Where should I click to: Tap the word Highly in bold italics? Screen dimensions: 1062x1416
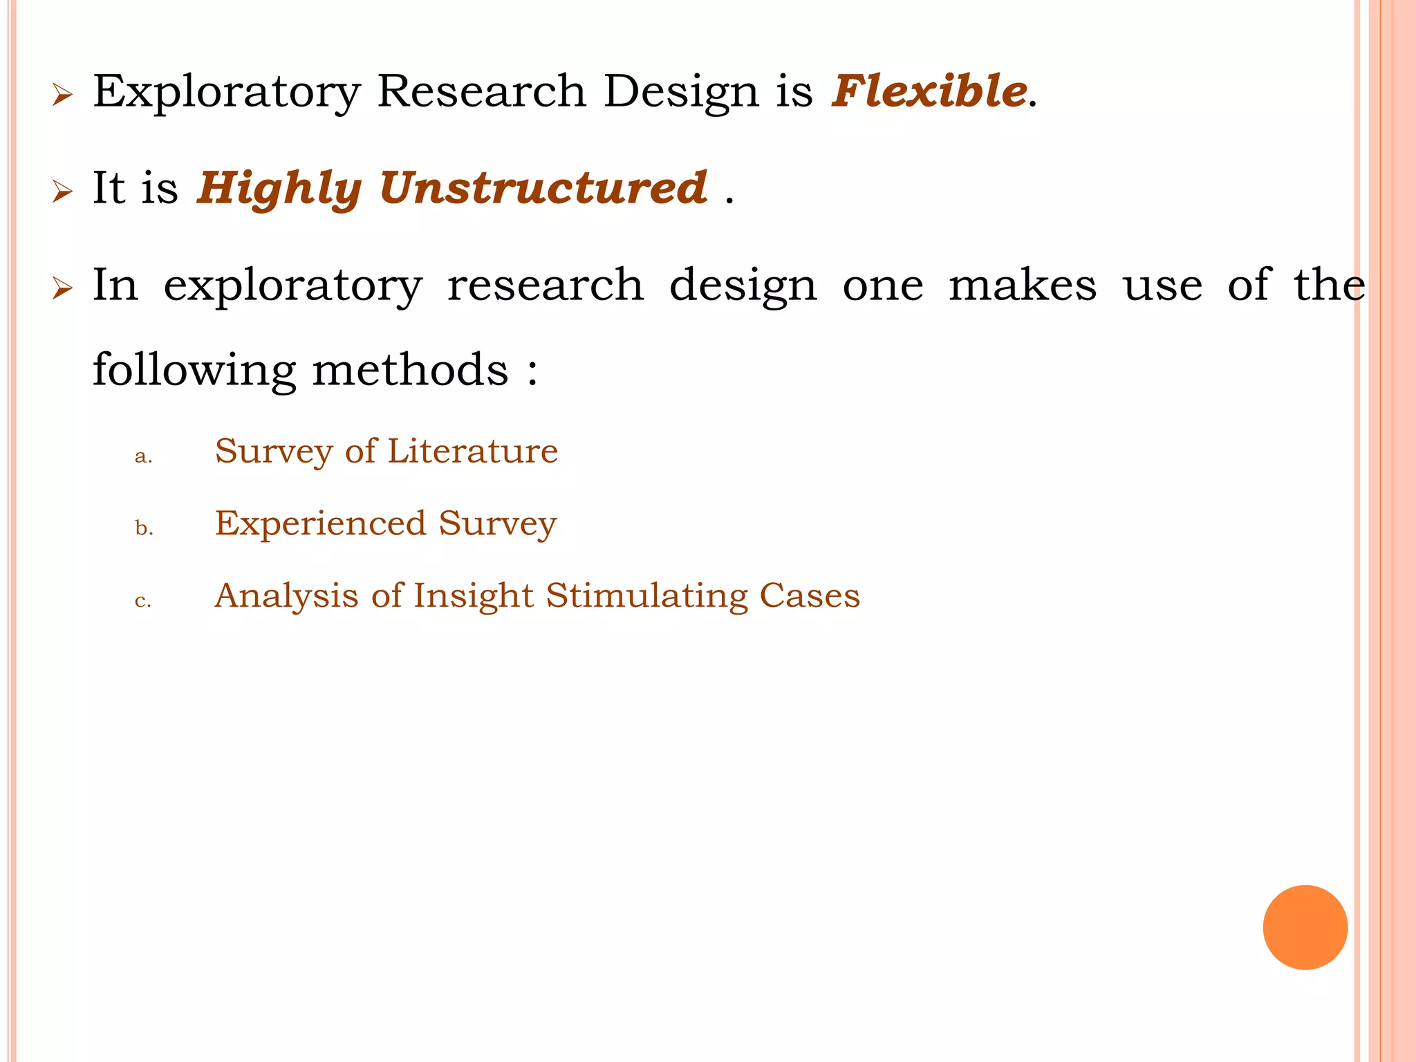point(279,189)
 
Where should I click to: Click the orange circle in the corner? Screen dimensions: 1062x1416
point(1305,927)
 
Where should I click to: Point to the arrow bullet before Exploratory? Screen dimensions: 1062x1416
point(62,95)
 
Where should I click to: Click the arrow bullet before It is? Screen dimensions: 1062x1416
point(62,192)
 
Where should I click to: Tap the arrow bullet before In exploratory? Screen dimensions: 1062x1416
point(62,288)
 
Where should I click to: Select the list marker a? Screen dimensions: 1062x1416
point(143,456)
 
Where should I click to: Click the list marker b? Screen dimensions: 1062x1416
point(144,528)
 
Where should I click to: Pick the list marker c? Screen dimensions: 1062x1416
point(142,601)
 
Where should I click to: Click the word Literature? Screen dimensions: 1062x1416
point(472,451)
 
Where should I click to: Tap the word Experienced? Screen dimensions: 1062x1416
point(320,523)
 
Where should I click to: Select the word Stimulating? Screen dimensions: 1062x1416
point(646,596)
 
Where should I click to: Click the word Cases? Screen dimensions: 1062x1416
point(810,596)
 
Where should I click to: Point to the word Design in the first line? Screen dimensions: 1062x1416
point(680,93)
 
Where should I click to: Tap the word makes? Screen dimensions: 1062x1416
point(1022,286)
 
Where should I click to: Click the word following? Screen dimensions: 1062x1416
point(194,371)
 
